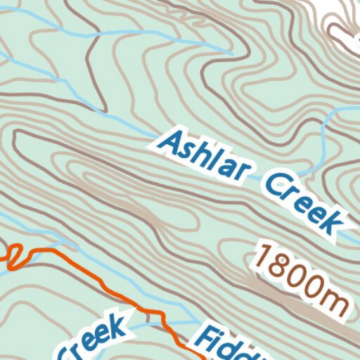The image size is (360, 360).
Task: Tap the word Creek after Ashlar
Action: [x=307, y=203]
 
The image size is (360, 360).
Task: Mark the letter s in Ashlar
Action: [x=187, y=149]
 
